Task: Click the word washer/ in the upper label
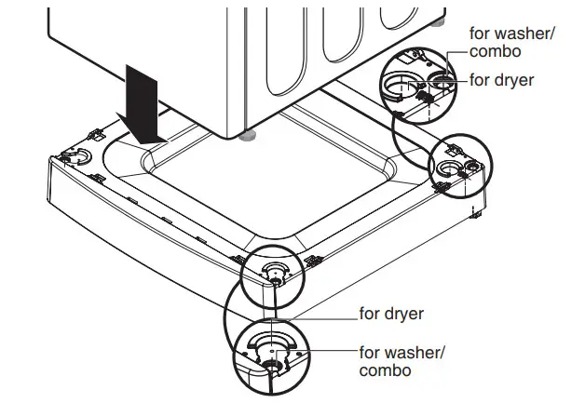tap(524, 34)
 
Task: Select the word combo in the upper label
tap(497, 52)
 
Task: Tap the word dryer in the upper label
tap(514, 81)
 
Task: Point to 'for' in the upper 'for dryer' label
tap(480, 81)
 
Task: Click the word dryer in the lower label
tap(404, 313)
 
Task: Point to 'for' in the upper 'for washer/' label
tap(480, 34)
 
